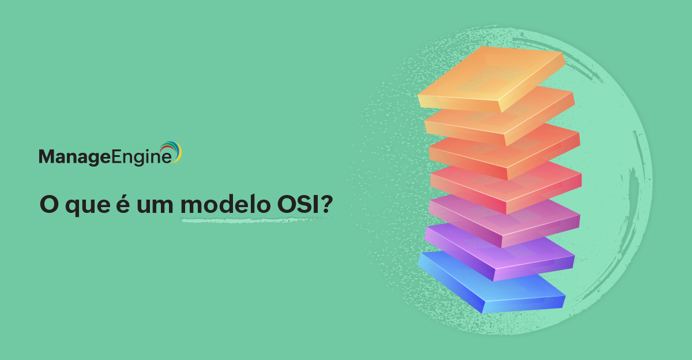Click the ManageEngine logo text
pyautogui.click(x=105, y=157)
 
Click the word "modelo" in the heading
pyautogui.click(x=225, y=204)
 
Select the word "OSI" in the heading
pyautogui.click(x=298, y=204)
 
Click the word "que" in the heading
pyautogui.click(x=88, y=207)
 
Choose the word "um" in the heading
pyautogui.click(x=155, y=206)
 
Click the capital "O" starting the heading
pyautogui.click(x=49, y=205)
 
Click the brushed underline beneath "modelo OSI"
pyautogui.click(x=255, y=220)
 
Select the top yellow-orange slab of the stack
pyautogui.click(x=491, y=79)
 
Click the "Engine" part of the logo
pyautogui.click(x=141, y=157)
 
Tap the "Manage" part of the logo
pyautogui.click(x=75, y=157)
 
